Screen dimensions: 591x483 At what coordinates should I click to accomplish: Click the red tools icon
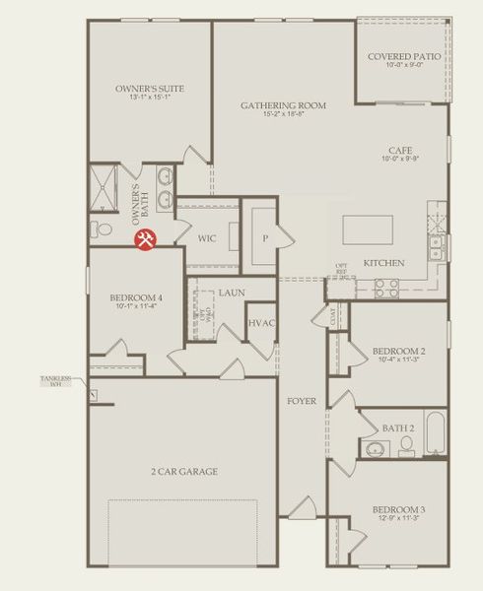coord(145,238)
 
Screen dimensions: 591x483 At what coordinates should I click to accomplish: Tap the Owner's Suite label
coord(150,89)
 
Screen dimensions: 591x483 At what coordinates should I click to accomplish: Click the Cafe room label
coord(400,150)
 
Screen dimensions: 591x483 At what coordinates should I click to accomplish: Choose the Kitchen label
coord(382,264)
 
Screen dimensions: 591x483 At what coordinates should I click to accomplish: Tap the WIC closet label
coord(207,238)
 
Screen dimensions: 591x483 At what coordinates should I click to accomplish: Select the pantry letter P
coord(265,238)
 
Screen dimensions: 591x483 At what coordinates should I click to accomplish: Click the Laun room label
coord(232,293)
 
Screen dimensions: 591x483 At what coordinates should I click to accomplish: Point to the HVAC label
coord(260,323)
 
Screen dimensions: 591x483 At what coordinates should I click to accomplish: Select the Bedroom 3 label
coord(399,509)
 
